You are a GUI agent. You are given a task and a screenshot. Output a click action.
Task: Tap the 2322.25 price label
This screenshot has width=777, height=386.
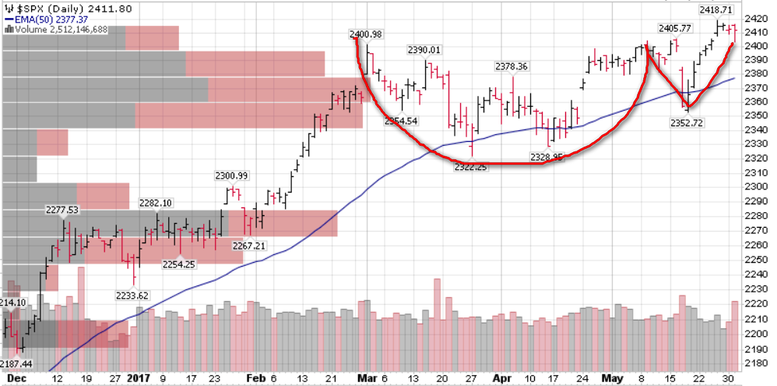(469, 167)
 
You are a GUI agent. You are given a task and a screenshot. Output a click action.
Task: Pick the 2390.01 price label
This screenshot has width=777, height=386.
(424, 50)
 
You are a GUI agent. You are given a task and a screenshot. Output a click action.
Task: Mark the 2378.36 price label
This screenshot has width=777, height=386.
(511, 66)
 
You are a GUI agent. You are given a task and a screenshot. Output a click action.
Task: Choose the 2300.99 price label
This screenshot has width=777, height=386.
(232, 175)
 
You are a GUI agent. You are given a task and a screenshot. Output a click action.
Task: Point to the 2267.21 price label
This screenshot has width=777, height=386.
(249, 246)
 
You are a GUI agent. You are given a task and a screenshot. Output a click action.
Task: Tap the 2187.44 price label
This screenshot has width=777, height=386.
(16, 364)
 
